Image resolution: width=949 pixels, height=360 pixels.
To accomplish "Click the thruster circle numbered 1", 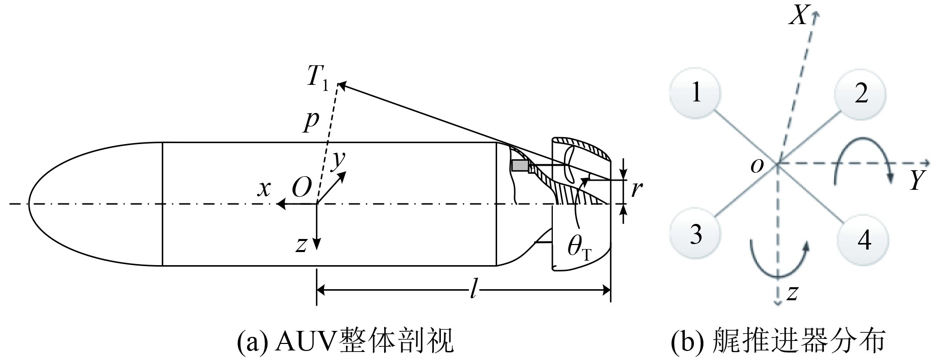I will click(x=695, y=93).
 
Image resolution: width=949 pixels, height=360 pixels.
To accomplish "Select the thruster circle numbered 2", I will click(x=860, y=94).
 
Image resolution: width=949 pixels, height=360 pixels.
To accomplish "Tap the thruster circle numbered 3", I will click(x=695, y=234).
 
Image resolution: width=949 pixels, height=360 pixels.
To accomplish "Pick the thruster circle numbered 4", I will click(x=863, y=239).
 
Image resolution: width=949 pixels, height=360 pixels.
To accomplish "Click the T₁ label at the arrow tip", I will click(x=318, y=79).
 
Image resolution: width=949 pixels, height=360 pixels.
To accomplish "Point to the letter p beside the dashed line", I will click(x=311, y=121).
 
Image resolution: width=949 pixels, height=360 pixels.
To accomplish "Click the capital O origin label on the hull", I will click(x=301, y=188).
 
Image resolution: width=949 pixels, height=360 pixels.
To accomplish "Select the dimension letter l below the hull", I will click(x=472, y=290).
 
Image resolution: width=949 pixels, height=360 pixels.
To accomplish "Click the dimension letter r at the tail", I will click(x=636, y=189).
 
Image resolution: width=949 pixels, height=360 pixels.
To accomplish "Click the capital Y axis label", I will click(x=917, y=180).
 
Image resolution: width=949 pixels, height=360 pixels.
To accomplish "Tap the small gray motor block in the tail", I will click(x=520, y=166).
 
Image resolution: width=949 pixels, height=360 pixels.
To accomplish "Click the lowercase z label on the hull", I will click(x=301, y=245).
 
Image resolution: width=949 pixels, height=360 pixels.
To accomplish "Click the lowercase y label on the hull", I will click(x=339, y=160).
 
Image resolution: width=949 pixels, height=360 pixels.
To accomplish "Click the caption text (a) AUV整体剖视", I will click(x=345, y=341).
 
